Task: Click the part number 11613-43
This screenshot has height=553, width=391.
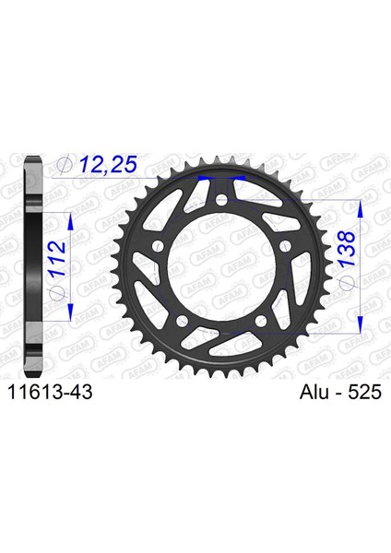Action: coord(50,392)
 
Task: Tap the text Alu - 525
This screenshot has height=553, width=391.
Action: coord(340,392)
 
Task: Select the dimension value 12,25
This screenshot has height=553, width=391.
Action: coord(108,164)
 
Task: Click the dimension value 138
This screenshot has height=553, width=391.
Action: coord(345,249)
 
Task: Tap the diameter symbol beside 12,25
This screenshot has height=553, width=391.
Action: coord(65,165)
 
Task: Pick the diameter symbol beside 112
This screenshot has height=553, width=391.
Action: coord(57,290)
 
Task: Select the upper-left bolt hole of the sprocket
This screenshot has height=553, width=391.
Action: coord(158,247)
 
